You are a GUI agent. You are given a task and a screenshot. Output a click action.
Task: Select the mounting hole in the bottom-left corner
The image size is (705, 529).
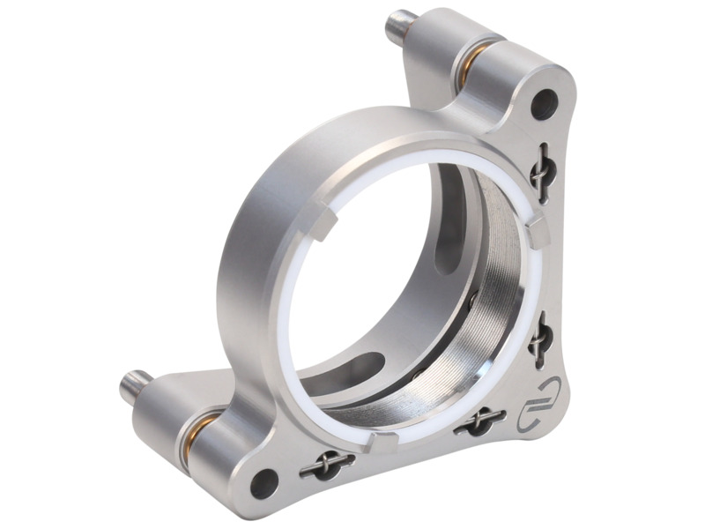pos(262,481)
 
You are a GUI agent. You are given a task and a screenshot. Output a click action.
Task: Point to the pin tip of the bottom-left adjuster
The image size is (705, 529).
pos(129,385)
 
